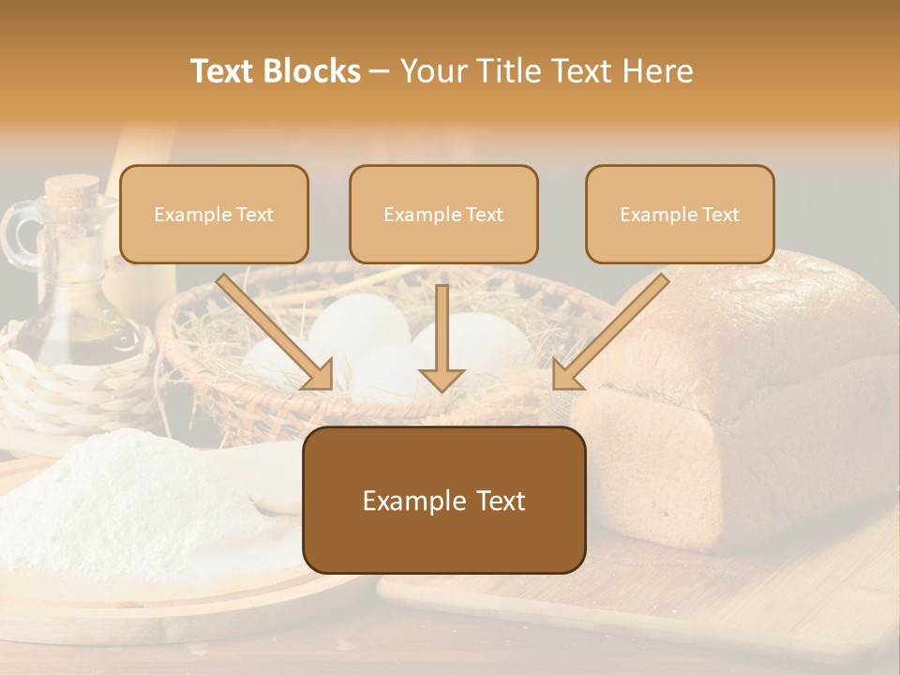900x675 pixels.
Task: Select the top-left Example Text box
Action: pyautogui.click(x=214, y=215)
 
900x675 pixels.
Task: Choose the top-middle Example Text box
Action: pyautogui.click(x=443, y=215)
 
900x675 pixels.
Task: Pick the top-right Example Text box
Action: pyautogui.click(x=680, y=215)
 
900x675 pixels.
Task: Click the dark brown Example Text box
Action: pyautogui.click(x=443, y=501)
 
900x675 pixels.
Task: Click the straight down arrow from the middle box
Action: pyautogui.click(x=442, y=337)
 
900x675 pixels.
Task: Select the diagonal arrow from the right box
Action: pyautogui.click(x=610, y=332)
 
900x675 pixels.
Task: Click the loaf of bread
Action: pyautogui.click(x=750, y=394)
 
